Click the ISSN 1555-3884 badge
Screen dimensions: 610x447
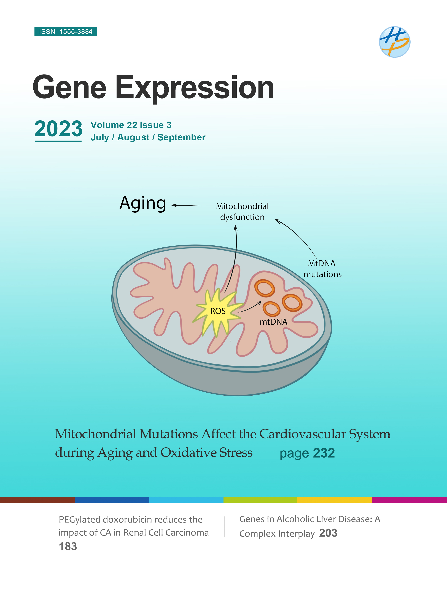[66, 32]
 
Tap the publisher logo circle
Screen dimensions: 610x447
[395, 42]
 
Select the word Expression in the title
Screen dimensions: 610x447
[195, 88]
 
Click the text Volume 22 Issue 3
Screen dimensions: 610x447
[131, 125]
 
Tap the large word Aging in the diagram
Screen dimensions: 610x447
[143, 203]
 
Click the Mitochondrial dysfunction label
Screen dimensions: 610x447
[242, 212]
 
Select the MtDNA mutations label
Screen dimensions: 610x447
[322, 269]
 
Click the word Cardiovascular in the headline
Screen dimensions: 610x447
[303, 434]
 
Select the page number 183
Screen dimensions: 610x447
[68, 546]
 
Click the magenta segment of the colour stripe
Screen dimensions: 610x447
[409, 500]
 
